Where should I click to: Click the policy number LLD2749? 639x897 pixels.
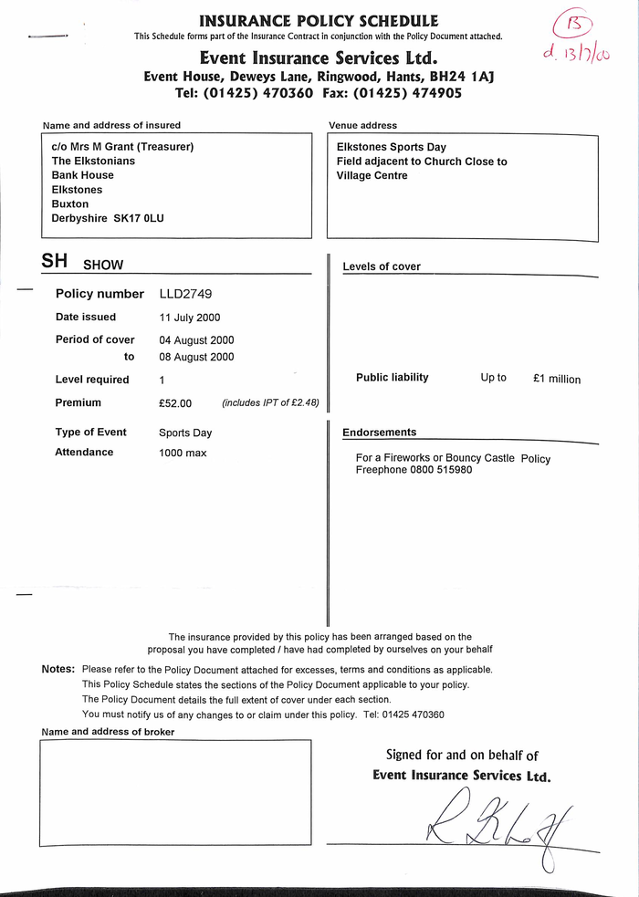[186, 294]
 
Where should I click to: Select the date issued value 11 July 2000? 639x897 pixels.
[190, 318]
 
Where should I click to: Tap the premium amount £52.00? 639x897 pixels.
[175, 403]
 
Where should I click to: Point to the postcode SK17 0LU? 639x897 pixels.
[139, 219]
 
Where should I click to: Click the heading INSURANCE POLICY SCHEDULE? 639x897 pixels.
[318, 20]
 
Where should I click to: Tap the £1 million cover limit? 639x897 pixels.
[556, 379]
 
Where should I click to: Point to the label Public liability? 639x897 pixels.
[392, 378]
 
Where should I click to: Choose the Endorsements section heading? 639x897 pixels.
[379, 433]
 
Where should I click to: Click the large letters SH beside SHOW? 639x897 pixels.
[54, 261]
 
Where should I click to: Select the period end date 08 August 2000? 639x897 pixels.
[196, 358]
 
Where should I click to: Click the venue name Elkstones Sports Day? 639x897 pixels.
[391, 147]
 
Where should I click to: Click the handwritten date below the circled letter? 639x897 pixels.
[575, 55]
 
